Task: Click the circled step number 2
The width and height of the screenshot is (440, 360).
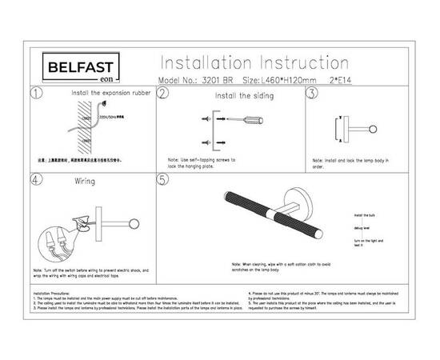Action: (x=162, y=94)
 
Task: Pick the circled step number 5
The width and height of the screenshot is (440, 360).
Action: (x=162, y=180)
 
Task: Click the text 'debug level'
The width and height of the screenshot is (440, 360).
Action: (x=362, y=229)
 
